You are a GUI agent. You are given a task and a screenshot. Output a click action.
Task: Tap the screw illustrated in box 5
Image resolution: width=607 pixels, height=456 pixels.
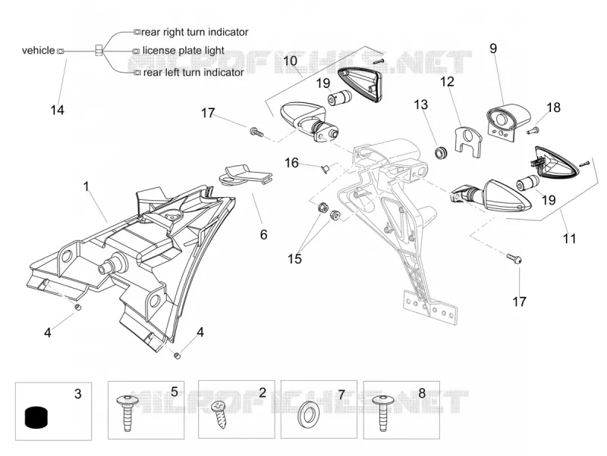[x=127, y=411]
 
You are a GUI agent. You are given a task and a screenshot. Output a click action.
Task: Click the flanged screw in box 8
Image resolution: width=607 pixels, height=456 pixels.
[x=382, y=412]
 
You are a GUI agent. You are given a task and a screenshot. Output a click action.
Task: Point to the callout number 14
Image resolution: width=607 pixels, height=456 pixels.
[x=58, y=110]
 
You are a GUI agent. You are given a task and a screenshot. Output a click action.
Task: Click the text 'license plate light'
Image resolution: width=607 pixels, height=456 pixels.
[x=183, y=51]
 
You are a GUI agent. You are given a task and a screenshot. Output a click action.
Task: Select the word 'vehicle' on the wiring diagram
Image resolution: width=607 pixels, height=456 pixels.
[x=39, y=51]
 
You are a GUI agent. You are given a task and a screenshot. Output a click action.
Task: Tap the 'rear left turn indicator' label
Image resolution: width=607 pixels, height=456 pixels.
[x=193, y=72]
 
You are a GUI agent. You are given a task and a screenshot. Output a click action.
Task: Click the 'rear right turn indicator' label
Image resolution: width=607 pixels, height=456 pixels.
[x=195, y=32]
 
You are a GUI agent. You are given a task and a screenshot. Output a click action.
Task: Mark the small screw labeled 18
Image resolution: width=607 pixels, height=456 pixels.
[x=533, y=130]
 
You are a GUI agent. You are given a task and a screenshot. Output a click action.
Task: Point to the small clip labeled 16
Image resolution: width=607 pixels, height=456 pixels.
[x=325, y=168]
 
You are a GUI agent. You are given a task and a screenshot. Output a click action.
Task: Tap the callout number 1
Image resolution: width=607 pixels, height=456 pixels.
[x=86, y=186]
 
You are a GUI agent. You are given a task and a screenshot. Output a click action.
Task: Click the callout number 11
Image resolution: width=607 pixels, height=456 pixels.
[x=570, y=239]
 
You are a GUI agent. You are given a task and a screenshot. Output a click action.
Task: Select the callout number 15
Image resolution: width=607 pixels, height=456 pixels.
[x=294, y=258]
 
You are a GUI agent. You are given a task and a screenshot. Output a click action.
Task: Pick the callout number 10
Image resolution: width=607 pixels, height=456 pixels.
[x=290, y=61]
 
